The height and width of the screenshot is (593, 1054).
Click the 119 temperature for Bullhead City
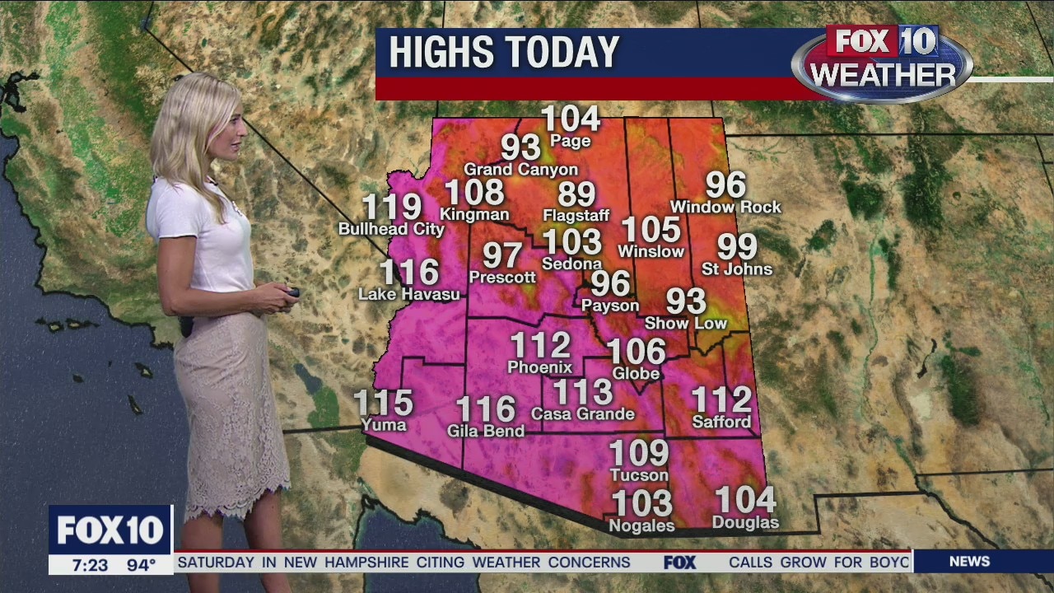[392, 208]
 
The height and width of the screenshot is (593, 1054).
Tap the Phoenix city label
[540, 367]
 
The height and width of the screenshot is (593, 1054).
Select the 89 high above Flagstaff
[576, 194]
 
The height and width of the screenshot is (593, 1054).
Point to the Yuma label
[384, 425]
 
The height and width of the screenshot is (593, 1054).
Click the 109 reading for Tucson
[639, 453]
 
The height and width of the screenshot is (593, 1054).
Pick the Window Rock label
[725, 207]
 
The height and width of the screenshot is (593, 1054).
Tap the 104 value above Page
[571, 119]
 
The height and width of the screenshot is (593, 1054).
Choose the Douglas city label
[745, 523]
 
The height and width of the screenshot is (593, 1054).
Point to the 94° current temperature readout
[141, 565]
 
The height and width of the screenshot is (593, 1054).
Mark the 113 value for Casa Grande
[583, 393]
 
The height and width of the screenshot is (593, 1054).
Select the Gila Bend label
[486, 431]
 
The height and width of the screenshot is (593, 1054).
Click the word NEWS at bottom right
[969, 562]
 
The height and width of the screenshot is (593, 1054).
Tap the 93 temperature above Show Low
[686, 301]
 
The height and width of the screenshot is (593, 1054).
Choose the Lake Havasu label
[408, 293]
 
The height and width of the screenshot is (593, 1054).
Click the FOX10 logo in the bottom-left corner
[110, 530]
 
